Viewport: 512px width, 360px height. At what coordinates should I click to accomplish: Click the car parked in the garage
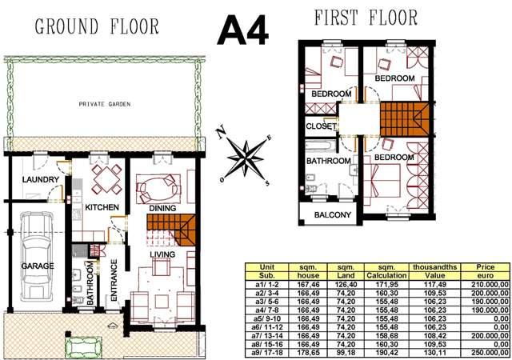click(37, 257)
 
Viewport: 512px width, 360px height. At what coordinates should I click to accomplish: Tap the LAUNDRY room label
click(41, 179)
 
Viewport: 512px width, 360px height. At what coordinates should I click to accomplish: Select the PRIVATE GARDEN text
click(105, 104)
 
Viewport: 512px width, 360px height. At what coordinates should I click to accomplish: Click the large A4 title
click(243, 30)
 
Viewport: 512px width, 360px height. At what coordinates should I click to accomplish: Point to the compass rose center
click(246, 158)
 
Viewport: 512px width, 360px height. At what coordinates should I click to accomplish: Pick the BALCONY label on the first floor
click(333, 214)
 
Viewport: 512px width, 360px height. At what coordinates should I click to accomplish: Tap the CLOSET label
click(321, 126)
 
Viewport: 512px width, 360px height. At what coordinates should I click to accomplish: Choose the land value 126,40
click(346, 285)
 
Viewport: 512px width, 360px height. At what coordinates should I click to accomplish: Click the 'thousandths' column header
click(434, 267)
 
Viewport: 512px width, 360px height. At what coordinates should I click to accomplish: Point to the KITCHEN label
click(102, 207)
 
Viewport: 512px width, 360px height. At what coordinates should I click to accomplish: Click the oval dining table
click(158, 189)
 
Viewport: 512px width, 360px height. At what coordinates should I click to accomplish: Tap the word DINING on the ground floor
click(162, 208)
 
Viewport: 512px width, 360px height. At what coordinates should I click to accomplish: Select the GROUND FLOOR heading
click(97, 26)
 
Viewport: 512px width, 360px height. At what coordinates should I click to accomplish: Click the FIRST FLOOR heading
click(366, 18)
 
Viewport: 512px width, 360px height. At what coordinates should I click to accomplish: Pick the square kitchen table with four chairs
click(106, 179)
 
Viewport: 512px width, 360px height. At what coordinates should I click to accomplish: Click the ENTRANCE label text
click(114, 280)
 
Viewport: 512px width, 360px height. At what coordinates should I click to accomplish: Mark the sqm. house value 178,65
click(308, 353)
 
